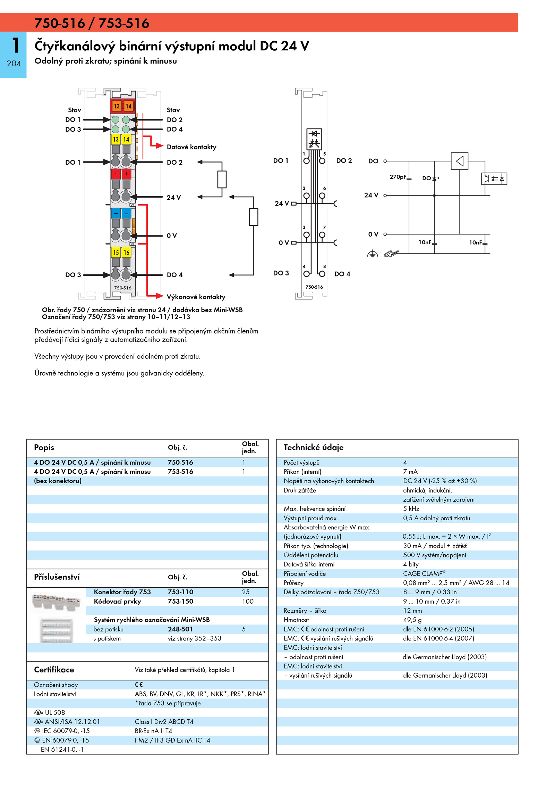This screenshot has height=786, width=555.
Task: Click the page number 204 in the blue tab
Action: pos(14,64)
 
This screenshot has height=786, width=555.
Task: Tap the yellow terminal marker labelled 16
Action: pos(127,253)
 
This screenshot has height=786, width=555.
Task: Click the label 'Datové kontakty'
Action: pos(191,147)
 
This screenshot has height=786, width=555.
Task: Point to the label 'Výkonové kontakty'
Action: pos(196,297)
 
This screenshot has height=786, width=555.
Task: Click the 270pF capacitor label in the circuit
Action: pos(398,177)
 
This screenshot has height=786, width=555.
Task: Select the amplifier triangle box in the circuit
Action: pos(460,161)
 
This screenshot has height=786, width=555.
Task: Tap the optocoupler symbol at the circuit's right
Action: pos(494,179)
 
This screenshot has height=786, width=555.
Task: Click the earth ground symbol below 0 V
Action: pos(372,254)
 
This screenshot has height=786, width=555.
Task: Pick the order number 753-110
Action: pos(180,592)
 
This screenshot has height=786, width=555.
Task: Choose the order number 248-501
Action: pos(180,629)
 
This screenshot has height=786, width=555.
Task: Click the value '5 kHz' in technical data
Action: pos(411,509)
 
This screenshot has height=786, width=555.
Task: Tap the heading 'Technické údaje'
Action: pos(314,447)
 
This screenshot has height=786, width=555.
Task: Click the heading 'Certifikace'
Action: pos(54,670)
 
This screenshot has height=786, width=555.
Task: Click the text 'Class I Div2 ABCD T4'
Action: pos(164,722)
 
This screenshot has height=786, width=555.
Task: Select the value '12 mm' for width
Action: pos(412,611)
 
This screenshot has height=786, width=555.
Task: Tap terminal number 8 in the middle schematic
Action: pos(324,266)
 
